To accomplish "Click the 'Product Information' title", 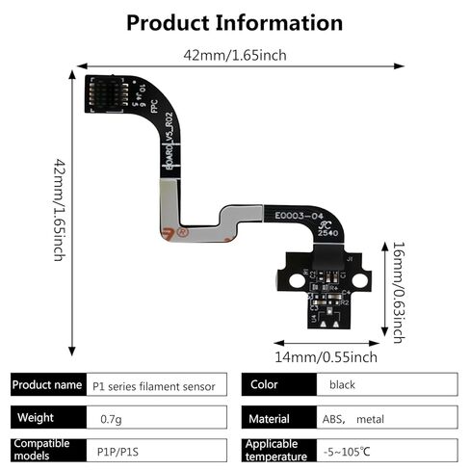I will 234,22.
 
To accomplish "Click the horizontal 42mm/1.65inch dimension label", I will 234,55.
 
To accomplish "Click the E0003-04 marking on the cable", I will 302,217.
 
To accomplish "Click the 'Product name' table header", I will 47,385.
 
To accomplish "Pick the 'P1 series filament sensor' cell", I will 155,385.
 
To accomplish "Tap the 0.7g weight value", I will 111,419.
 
